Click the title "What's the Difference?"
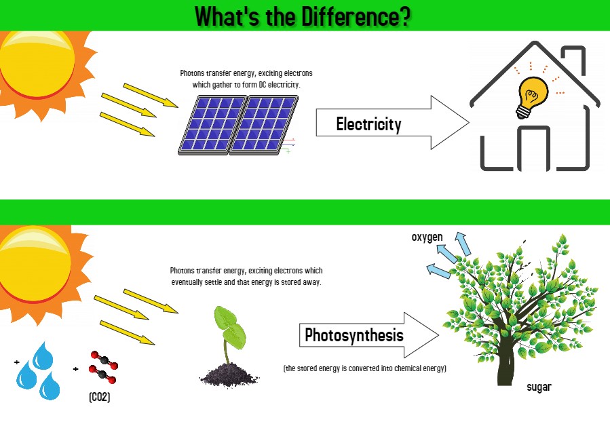[x=302, y=15]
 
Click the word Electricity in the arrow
[x=368, y=124]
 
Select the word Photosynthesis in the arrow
[x=354, y=335]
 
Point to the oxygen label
[x=427, y=237]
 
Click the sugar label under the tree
[x=539, y=387]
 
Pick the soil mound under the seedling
[x=227, y=374]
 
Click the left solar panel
[x=212, y=124]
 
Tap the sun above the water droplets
[x=34, y=268]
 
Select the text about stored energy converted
[x=364, y=368]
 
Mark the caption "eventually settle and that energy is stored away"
[x=246, y=282]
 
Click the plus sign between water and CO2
[x=75, y=369]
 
